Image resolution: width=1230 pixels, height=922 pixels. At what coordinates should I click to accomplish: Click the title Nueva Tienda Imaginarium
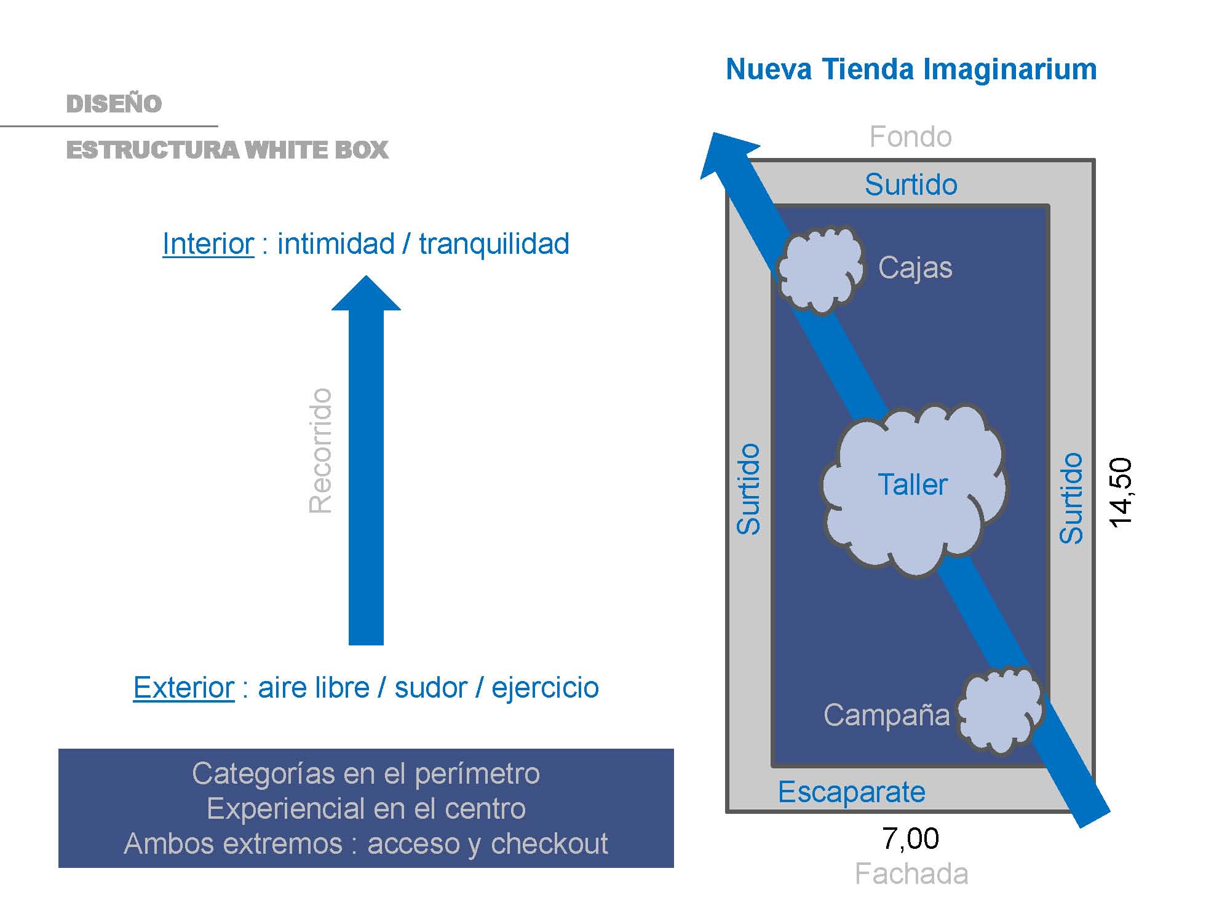pyautogui.click(x=911, y=69)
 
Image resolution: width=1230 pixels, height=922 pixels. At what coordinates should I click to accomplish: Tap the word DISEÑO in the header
pyautogui.click(x=114, y=104)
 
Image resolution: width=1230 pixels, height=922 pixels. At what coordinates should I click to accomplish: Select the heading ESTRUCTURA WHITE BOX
pyautogui.click(x=227, y=150)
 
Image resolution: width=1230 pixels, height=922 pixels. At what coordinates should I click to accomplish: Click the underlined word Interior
pyautogui.click(x=208, y=244)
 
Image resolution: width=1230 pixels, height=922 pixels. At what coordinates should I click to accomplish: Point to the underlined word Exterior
pyautogui.click(x=184, y=687)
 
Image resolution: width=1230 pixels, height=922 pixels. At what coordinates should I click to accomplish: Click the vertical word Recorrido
pyautogui.click(x=320, y=451)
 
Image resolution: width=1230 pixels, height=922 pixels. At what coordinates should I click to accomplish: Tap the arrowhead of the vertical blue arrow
pyautogui.click(x=366, y=295)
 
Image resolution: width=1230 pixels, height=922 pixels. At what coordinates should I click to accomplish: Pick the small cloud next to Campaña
pyautogui.click(x=999, y=710)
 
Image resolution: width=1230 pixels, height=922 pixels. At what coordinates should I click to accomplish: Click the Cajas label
pyautogui.click(x=915, y=268)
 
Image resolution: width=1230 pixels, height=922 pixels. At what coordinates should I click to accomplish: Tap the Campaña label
pyautogui.click(x=886, y=715)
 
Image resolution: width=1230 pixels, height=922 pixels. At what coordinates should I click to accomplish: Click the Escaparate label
pyautogui.click(x=851, y=792)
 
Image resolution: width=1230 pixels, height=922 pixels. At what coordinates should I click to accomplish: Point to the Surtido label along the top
pyautogui.click(x=911, y=184)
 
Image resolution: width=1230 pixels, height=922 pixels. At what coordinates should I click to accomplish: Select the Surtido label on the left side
pyautogui.click(x=749, y=489)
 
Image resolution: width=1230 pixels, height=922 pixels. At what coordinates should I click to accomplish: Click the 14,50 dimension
pyautogui.click(x=1121, y=492)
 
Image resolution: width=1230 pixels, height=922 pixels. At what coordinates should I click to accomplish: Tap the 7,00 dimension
pyautogui.click(x=910, y=838)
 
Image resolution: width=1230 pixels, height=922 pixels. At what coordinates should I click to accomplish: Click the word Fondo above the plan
pyautogui.click(x=910, y=136)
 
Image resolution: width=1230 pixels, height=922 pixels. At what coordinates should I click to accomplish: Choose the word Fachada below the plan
pyautogui.click(x=911, y=873)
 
